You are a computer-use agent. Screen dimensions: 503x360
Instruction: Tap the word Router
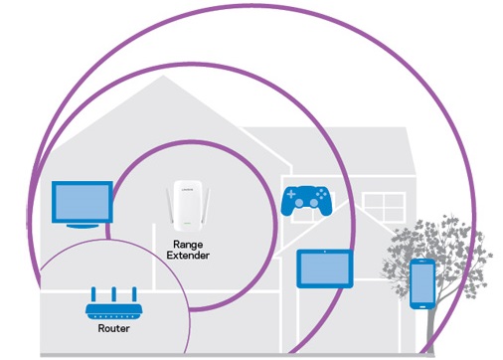pos(113,328)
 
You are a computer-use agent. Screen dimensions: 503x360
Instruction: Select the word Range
pos(188,245)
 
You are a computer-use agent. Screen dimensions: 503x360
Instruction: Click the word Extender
pos(188,256)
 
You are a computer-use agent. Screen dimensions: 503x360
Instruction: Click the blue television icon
pos(83,205)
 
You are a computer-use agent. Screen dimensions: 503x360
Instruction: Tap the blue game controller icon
pos(305,201)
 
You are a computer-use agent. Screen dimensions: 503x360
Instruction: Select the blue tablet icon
pos(325,269)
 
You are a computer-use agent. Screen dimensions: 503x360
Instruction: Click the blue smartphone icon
pos(422,284)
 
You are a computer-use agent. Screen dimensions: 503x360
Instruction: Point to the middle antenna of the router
pos(113,295)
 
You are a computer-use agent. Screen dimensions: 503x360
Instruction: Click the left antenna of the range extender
pos(170,207)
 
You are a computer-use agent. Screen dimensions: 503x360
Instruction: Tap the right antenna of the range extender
pos(207,207)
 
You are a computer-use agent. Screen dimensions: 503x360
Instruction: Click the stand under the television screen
pos(83,226)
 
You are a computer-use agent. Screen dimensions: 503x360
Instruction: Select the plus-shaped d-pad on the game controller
pos(291,194)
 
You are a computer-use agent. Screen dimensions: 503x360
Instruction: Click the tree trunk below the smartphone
pos(430,331)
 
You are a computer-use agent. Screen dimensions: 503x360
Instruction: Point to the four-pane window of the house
pos(384,207)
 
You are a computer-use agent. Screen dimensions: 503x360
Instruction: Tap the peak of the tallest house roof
pos(163,76)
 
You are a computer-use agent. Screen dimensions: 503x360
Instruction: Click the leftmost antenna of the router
pos(93,295)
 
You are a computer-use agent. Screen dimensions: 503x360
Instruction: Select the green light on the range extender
pos(188,223)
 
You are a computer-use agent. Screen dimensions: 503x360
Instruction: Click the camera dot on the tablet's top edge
pos(325,252)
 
